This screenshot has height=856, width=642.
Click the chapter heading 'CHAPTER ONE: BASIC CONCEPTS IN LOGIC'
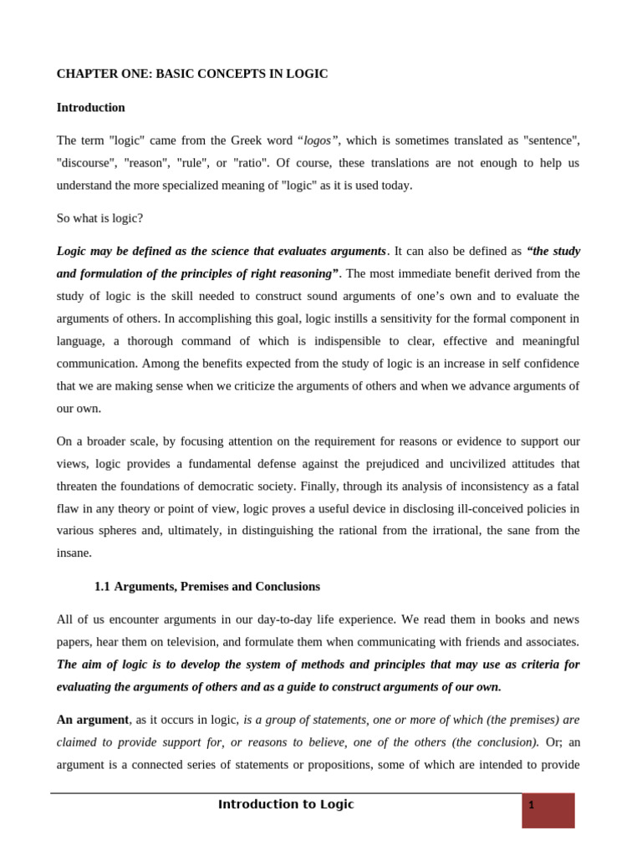coord(191,74)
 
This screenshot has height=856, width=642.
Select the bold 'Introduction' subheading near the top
coord(90,107)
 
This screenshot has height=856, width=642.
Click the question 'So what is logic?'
coord(99,218)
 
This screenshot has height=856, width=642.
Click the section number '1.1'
coord(102,586)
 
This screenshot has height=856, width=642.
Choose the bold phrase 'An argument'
coord(93,719)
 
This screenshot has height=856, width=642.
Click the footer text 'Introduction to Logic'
coord(286,804)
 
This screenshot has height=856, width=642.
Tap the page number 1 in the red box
coord(531,806)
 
